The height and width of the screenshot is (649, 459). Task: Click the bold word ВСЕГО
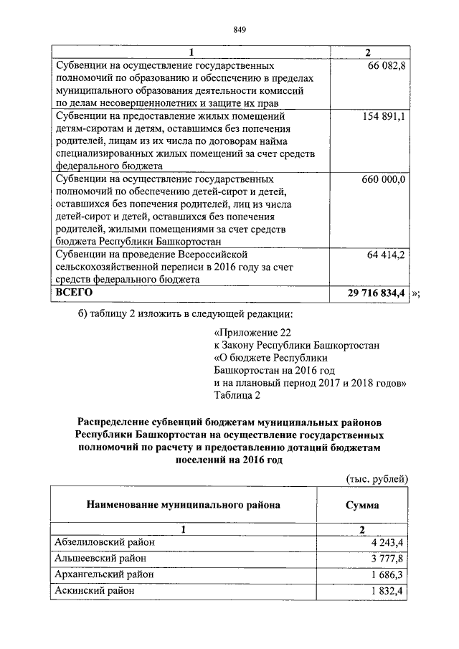74,293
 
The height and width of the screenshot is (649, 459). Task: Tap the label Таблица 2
237,394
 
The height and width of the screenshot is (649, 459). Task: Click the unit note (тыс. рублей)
377,478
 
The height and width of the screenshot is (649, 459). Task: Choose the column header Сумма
363,505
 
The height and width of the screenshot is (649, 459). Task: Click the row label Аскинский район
94,591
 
